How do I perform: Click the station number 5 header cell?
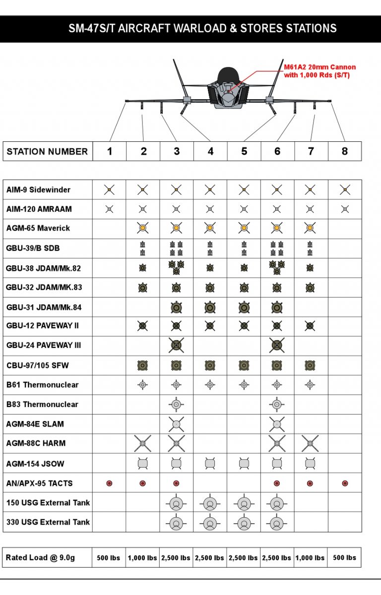pos(244,151)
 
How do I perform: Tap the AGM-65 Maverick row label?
pos(38,228)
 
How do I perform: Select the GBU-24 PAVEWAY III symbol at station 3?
pos(176,345)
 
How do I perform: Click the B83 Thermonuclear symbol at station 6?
pos(277,404)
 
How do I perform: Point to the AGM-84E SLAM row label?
pos(35,424)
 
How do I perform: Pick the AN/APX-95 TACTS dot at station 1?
pos(109,483)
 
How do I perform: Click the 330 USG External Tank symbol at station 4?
pos(210,523)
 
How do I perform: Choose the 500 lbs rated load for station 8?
pos(344,557)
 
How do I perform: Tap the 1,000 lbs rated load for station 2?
pos(142,558)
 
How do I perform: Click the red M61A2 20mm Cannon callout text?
pos(319,71)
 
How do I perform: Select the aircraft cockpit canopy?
pos(228,75)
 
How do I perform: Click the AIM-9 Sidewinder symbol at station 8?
pos(345,189)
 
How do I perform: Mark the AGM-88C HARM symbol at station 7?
pos(310,443)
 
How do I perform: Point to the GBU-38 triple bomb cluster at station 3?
pos(176,267)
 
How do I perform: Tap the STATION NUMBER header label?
pos(47,152)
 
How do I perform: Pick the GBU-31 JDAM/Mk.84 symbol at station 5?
pos(244,307)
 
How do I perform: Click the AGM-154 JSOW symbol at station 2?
pos(142,464)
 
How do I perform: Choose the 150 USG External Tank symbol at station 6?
pos(277,503)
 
